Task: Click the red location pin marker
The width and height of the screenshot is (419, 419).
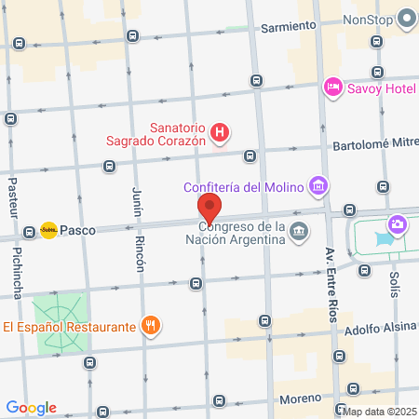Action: click(209, 207)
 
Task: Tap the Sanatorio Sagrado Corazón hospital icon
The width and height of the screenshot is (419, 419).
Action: click(219, 133)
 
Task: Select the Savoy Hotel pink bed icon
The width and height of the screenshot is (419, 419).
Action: click(332, 88)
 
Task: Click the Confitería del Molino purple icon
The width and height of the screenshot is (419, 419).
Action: click(319, 186)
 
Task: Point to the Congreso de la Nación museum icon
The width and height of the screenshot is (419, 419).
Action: click(299, 231)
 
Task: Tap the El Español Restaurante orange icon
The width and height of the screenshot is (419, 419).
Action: click(149, 326)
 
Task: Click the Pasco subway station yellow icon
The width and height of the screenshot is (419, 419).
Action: click(48, 229)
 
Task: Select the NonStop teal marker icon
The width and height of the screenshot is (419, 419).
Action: click(407, 18)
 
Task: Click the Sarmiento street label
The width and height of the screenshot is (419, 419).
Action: click(289, 26)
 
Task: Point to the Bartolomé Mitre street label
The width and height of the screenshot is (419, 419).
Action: click(372, 146)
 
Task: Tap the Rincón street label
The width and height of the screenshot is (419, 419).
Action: click(141, 252)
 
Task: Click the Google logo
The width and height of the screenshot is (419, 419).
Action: click(31, 408)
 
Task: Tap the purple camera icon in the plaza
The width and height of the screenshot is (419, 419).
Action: click(398, 224)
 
